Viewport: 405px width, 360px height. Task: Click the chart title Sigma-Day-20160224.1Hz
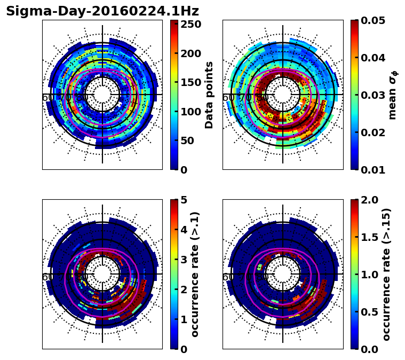point(102,11)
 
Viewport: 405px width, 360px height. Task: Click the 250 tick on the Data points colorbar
point(190,25)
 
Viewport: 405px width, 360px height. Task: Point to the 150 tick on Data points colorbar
point(190,83)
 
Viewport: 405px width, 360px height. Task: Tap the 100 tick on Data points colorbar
point(190,112)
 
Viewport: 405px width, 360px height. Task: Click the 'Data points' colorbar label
point(209,95)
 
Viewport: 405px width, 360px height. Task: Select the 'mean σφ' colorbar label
point(392,95)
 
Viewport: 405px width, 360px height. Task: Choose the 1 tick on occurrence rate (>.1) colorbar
point(184,319)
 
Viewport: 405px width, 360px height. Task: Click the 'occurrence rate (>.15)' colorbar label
point(387,274)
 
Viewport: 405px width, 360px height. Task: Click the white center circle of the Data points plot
point(102,95)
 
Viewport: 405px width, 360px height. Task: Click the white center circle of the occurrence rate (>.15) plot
point(283,274)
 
